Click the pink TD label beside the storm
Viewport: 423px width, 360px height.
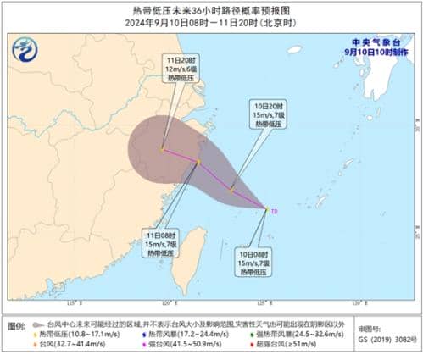pos(274,209)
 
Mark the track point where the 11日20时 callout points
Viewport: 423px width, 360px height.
pos(162,150)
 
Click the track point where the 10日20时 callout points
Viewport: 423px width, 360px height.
pos(231,191)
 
